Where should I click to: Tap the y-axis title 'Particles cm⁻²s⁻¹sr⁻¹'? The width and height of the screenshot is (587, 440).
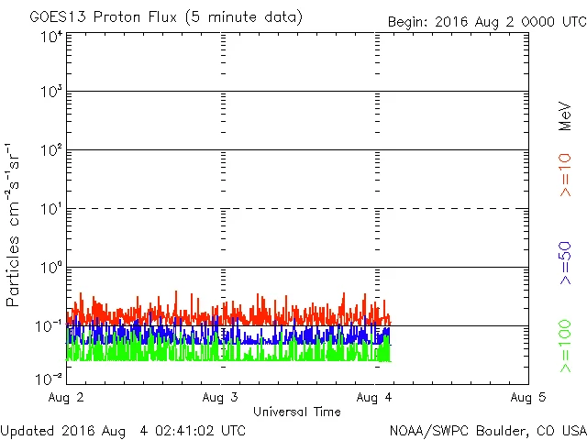(15, 225)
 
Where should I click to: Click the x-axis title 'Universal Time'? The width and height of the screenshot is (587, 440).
(297, 412)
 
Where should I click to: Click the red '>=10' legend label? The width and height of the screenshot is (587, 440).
(565, 174)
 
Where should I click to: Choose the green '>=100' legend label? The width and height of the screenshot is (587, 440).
(565, 346)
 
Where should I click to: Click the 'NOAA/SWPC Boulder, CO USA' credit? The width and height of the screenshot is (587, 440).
(487, 430)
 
